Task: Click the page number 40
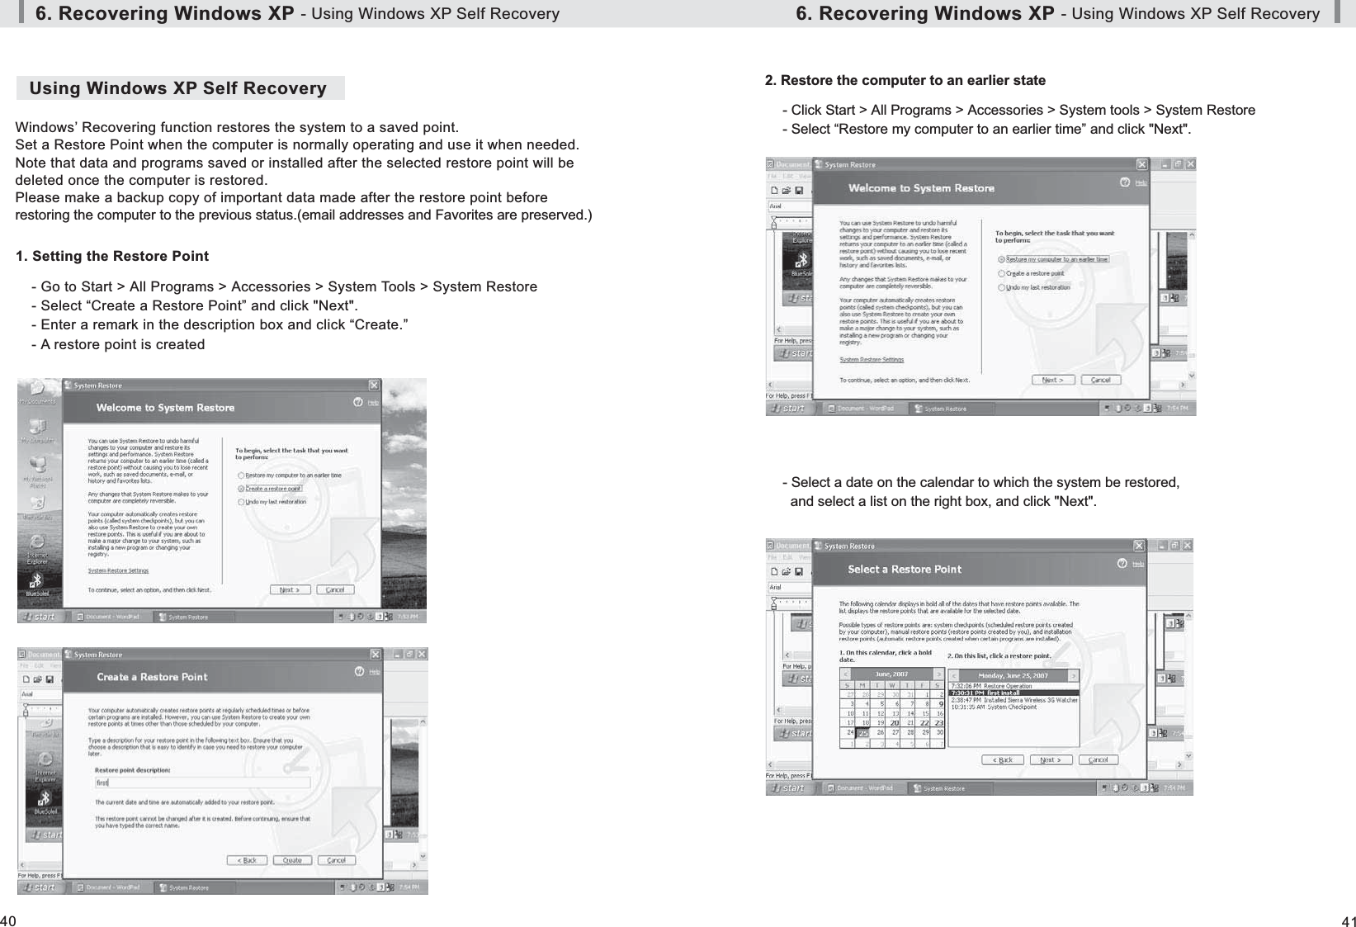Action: tap(8, 920)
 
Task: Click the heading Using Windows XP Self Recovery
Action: tap(178, 88)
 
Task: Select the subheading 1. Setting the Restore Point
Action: tap(112, 256)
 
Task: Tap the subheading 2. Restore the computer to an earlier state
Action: tap(905, 80)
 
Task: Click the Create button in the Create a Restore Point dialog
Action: tap(292, 860)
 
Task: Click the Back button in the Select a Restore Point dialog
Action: tap(1003, 759)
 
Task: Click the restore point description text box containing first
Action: tap(202, 783)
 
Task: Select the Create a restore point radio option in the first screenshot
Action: tap(242, 489)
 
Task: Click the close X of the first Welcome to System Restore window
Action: tap(374, 385)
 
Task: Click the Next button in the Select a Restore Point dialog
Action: tap(1051, 759)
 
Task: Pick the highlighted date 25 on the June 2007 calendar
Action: tap(863, 732)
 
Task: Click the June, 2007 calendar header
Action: tap(891, 674)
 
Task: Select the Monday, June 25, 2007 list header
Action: tap(1013, 675)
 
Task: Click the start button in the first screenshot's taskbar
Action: tap(40, 617)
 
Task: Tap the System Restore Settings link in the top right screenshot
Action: tap(872, 360)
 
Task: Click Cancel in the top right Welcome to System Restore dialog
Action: tap(1101, 381)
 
